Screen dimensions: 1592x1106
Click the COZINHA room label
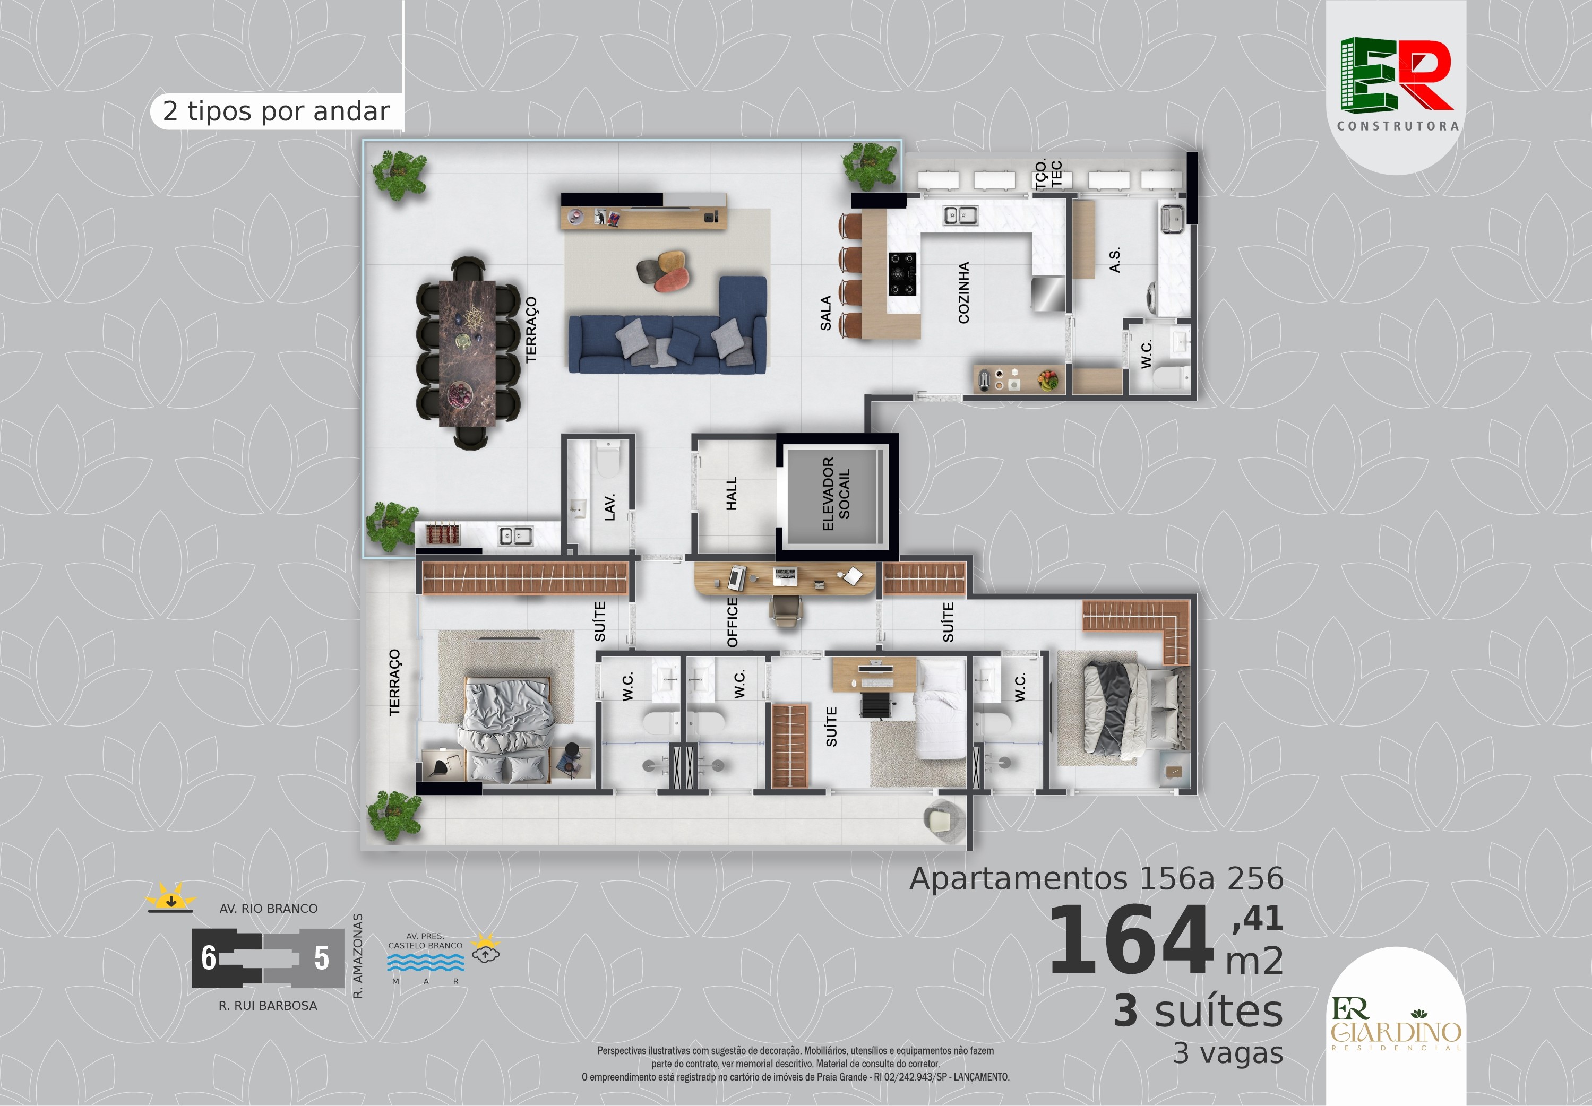963,292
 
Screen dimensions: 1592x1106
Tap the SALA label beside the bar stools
825,313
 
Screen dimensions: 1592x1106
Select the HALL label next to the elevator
731,494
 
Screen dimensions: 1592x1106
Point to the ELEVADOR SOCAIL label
836,494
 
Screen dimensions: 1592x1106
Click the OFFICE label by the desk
733,623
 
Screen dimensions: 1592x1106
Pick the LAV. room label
610,507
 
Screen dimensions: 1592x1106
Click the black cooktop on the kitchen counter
902,274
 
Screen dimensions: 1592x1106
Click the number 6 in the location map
209,958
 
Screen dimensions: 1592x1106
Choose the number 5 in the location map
322,958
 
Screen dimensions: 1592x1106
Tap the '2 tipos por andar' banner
276,111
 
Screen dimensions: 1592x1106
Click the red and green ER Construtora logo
1397,84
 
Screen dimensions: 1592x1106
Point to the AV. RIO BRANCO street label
268,909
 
